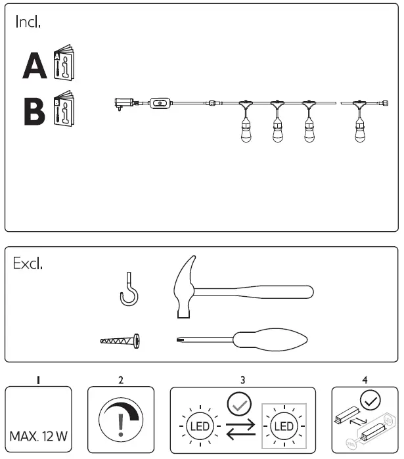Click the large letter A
click(x=34, y=66)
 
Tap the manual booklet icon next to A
click(x=64, y=63)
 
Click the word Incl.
click(x=28, y=22)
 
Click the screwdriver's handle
click(x=273, y=339)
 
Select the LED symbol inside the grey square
click(x=284, y=427)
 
